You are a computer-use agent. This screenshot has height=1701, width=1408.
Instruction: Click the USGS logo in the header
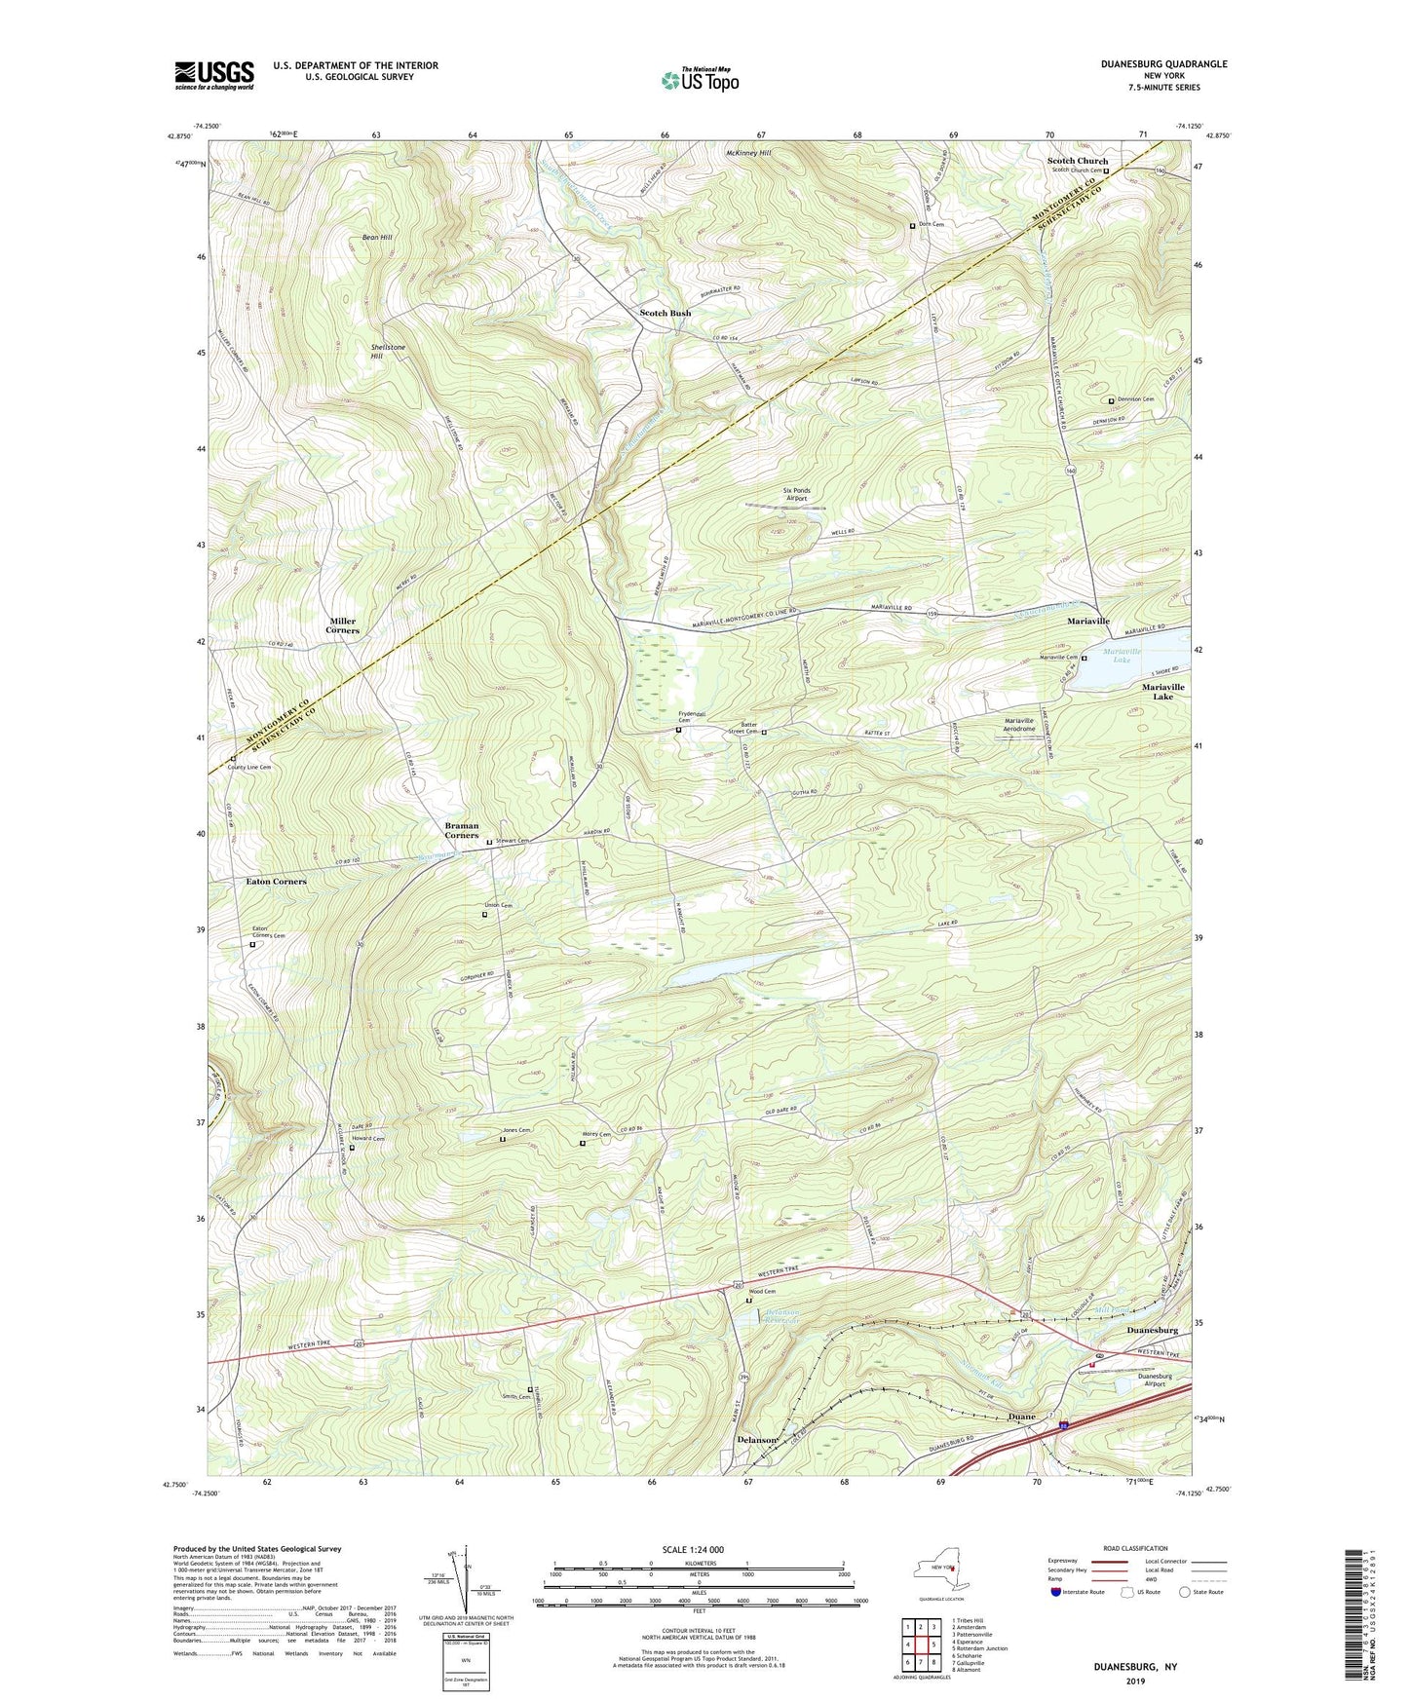pyautogui.click(x=214, y=75)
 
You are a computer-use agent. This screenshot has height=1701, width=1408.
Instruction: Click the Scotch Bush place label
pyautogui.click(x=665, y=314)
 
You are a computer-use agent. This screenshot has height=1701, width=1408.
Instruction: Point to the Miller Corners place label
pyautogui.click(x=342, y=625)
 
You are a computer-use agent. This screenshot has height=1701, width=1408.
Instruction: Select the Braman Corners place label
pyautogui.click(x=462, y=830)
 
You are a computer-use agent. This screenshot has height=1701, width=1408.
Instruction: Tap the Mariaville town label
pyautogui.click(x=1087, y=621)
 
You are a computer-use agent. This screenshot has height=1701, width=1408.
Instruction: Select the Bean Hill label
pyautogui.click(x=377, y=238)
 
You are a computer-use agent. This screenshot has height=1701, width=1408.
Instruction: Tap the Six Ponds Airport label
pyautogui.click(x=797, y=494)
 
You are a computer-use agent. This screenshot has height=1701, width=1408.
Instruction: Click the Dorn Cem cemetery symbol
pyautogui.click(x=913, y=225)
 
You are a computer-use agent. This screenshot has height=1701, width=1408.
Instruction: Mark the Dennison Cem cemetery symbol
pyautogui.click(x=1112, y=400)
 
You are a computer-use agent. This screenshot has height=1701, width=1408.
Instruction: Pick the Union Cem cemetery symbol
pyautogui.click(x=484, y=915)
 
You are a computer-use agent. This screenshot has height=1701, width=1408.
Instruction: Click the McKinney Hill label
pyautogui.click(x=747, y=153)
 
